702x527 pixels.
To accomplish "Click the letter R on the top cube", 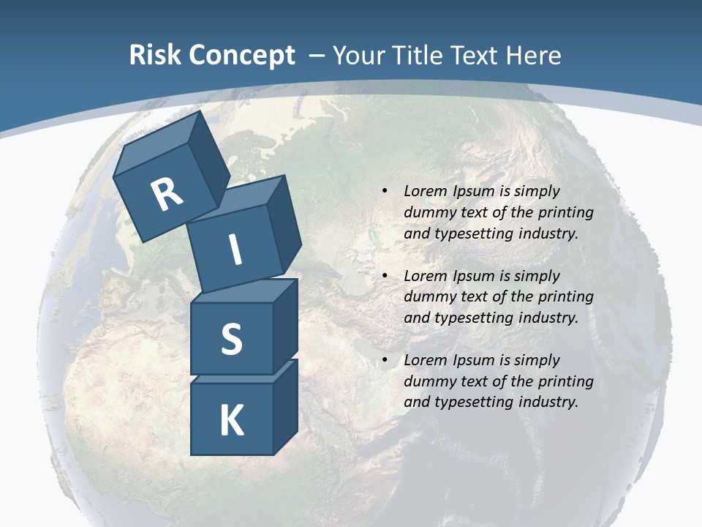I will click(167, 195).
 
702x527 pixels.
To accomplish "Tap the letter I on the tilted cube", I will click(235, 250).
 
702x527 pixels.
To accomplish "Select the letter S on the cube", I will click(232, 340).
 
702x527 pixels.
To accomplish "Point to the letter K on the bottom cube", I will click(232, 421).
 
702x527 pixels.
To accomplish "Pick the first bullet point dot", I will click(385, 192).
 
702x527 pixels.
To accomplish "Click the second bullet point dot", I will click(385, 277).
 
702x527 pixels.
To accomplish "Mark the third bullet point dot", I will click(385, 361).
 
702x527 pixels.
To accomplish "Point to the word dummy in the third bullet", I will click(427, 381).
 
